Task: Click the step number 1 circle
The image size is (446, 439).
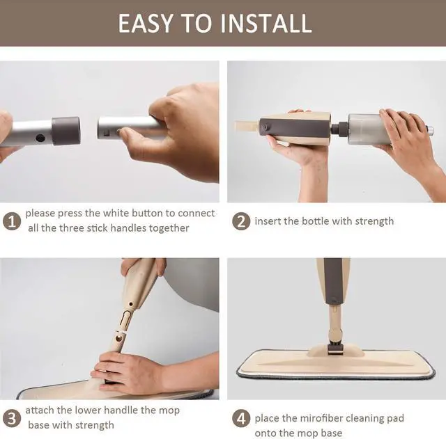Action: click(10, 221)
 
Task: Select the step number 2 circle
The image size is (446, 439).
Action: click(240, 221)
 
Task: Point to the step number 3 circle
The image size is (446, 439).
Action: click(10, 418)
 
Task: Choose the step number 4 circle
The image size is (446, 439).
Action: click(240, 418)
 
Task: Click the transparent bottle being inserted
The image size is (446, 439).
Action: click(373, 129)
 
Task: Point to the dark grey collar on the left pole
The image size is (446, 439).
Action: click(66, 131)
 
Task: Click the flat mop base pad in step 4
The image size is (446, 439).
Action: click(334, 363)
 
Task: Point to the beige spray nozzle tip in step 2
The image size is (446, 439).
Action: click(244, 127)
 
